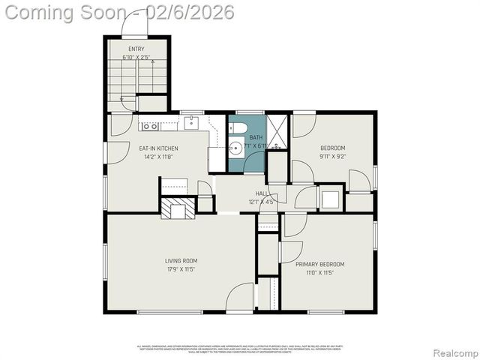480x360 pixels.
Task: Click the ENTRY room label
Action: pyautogui.click(x=136, y=49)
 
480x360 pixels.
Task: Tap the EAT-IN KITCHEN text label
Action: pyautogui.click(x=158, y=148)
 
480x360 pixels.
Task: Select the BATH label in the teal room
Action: pyautogui.click(x=256, y=138)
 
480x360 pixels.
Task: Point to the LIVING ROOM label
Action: pyautogui.click(x=181, y=261)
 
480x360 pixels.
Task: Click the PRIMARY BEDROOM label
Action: pyautogui.click(x=319, y=264)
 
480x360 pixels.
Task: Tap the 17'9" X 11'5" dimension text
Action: pyautogui.click(x=181, y=269)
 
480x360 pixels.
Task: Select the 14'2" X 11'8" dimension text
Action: pyautogui.click(x=158, y=157)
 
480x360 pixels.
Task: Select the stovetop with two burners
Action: pyautogui.click(x=148, y=126)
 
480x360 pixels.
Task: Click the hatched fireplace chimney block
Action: pyautogui.click(x=175, y=208)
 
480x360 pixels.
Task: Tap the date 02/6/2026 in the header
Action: pyautogui.click(x=191, y=12)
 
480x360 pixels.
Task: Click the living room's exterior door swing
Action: pyautogui.click(x=241, y=297)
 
